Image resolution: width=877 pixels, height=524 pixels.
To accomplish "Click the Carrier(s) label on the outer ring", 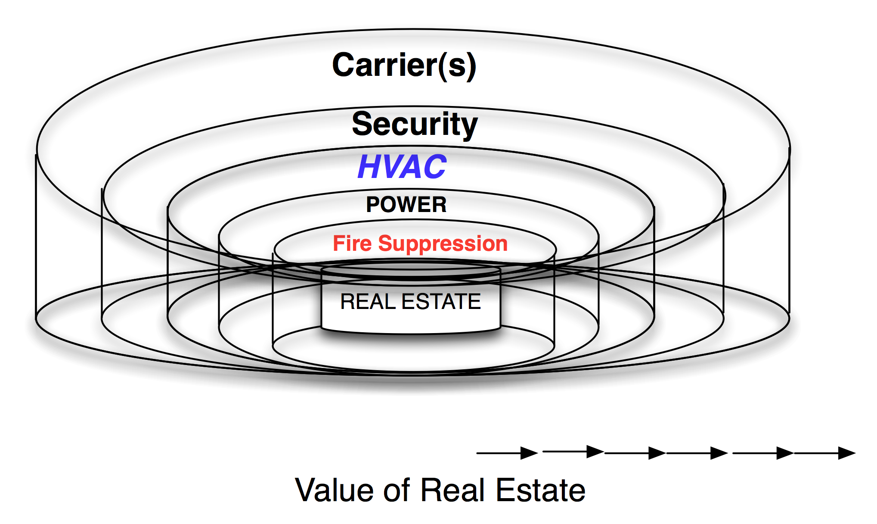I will pyautogui.click(x=404, y=65).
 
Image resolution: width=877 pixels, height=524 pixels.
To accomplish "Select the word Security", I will pyautogui.click(x=415, y=124).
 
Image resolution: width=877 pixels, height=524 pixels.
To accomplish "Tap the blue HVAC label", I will pyautogui.click(x=402, y=167).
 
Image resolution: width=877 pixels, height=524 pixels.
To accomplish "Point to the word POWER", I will pyautogui.click(x=406, y=205).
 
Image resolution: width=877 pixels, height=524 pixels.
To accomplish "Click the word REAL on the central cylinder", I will pyautogui.click(x=368, y=302).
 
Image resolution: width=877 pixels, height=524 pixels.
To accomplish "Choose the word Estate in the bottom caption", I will pyautogui.click(x=541, y=490).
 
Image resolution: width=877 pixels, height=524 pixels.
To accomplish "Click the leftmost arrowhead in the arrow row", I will pyautogui.click(x=529, y=453).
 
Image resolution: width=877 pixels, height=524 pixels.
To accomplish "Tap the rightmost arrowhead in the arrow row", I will pyautogui.click(x=846, y=453).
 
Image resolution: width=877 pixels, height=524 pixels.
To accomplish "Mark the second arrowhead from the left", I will pyautogui.click(x=595, y=452).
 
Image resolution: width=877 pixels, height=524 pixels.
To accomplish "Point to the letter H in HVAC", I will pyautogui.click(x=369, y=167).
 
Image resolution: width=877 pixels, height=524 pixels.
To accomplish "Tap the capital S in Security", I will pyautogui.click(x=363, y=124).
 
